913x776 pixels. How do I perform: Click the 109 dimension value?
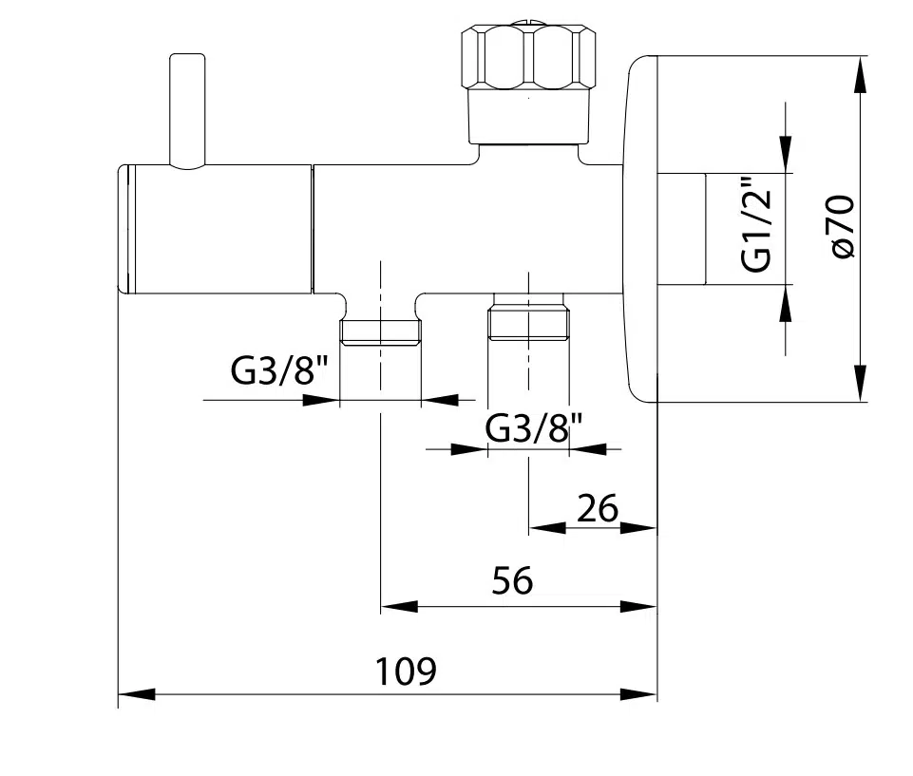tap(406, 672)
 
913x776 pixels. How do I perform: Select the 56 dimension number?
tap(512, 580)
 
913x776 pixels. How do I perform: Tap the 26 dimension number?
tap(598, 508)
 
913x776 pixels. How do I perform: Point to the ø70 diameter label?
tap(843, 226)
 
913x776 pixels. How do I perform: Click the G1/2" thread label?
tap(757, 224)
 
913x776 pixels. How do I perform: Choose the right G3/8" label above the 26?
tap(534, 428)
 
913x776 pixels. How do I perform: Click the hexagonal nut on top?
tap(528, 56)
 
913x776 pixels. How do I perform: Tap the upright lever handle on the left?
tap(187, 111)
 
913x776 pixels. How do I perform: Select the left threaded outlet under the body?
tap(380, 331)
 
